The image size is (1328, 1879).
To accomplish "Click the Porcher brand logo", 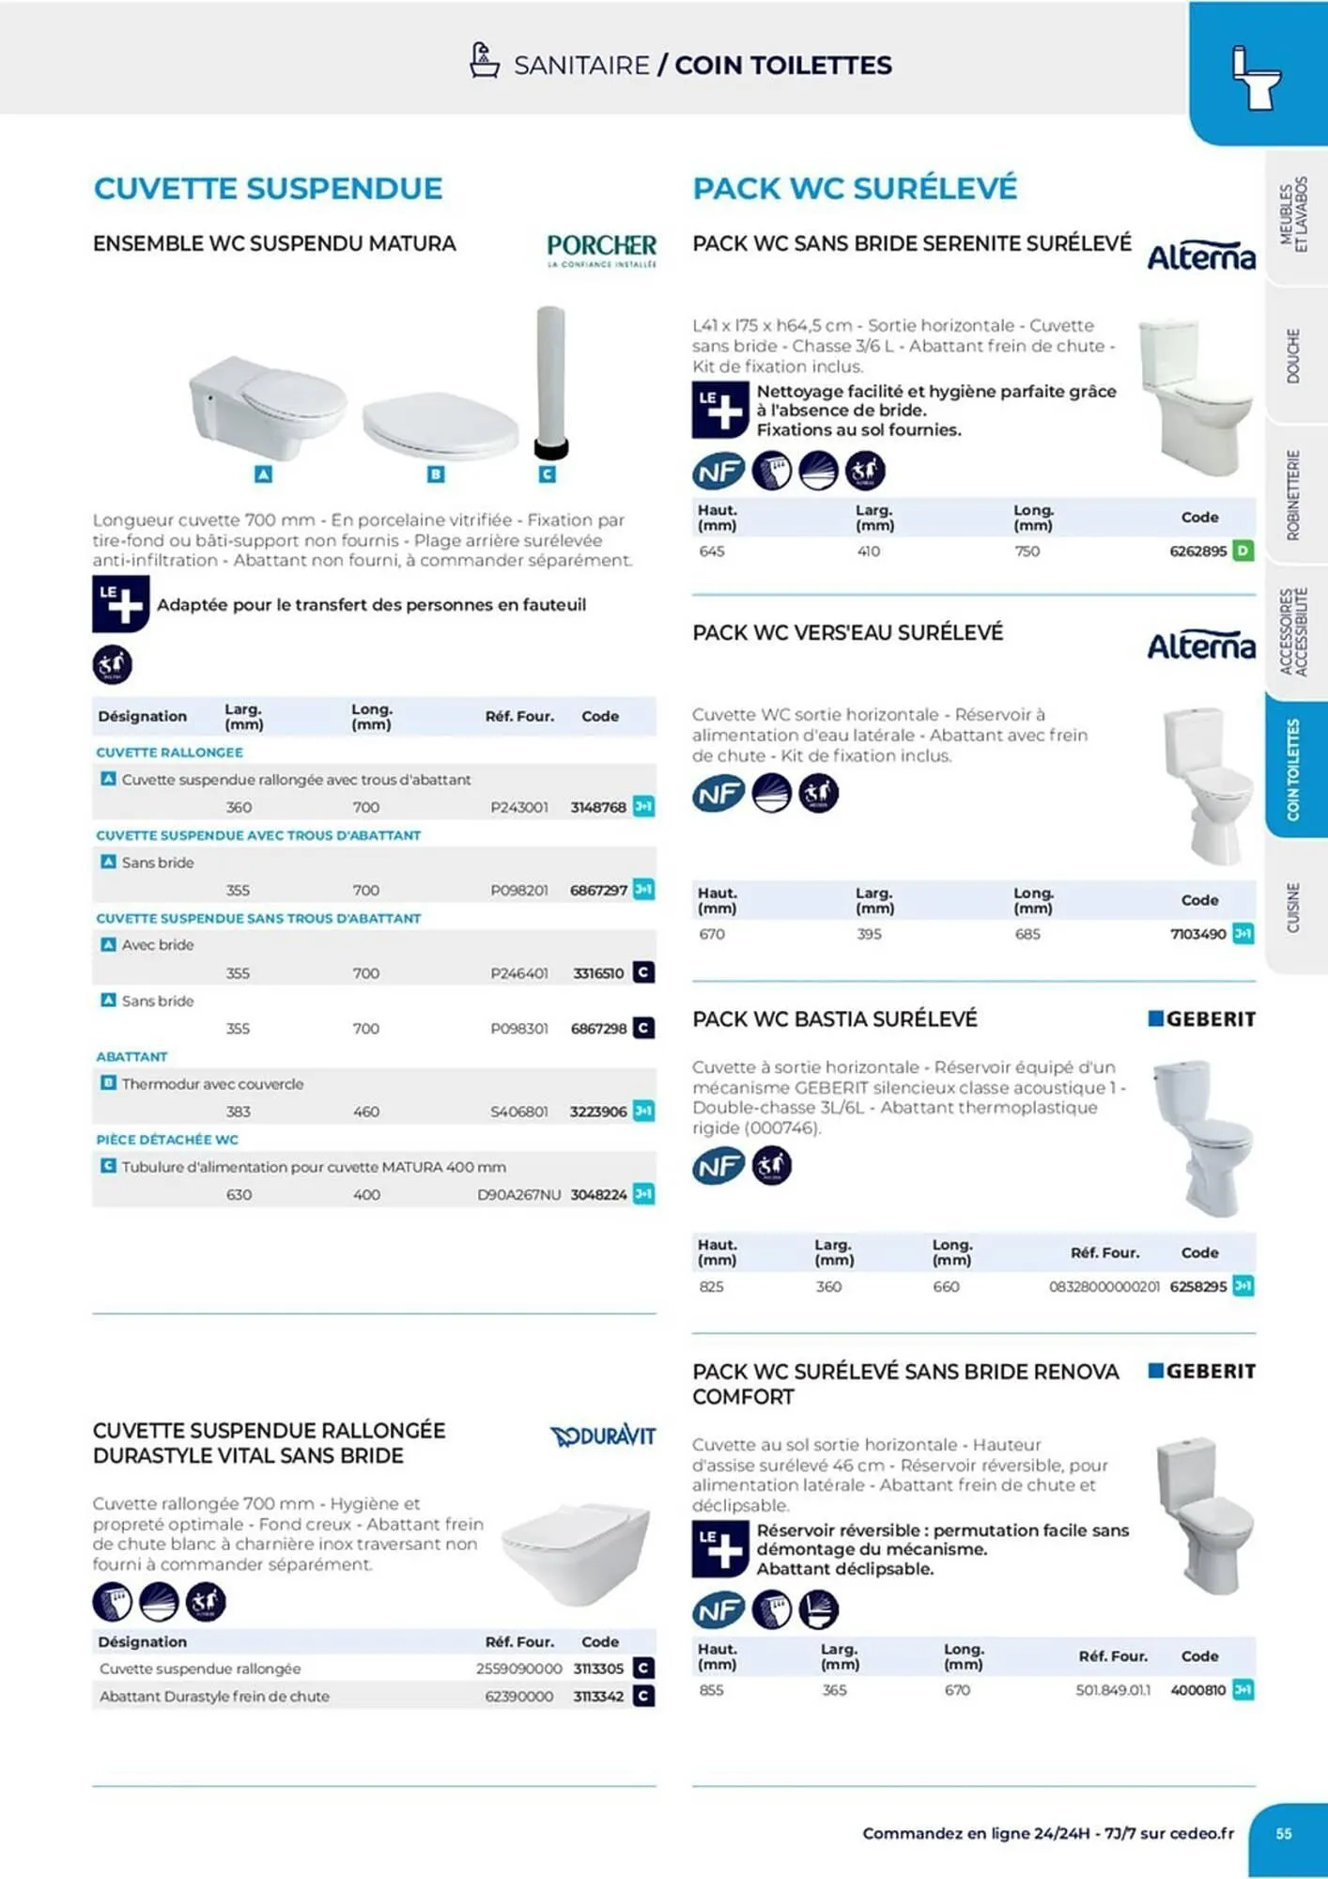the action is click(x=601, y=250).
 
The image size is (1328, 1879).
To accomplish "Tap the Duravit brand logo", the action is click(x=603, y=1436).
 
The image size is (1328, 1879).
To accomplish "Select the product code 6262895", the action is click(x=1197, y=551).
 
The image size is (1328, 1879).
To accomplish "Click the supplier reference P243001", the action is click(x=519, y=807).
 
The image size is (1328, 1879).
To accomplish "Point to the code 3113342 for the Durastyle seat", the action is click(x=598, y=1696).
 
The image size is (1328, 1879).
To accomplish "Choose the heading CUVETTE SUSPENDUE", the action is click(x=268, y=188).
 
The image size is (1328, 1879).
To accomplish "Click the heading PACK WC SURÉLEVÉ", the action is click(x=855, y=188).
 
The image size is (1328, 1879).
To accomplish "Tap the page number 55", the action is click(x=1284, y=1833).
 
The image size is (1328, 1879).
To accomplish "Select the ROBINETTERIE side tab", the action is click(x=1293, y=495).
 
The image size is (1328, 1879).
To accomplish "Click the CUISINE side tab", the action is click(x=1293, y=908).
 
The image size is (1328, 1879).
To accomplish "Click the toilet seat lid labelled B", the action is click(x=440, y=425).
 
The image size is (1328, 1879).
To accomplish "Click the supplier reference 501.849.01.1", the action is click(x=1113, y=1690).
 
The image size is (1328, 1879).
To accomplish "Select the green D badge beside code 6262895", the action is click(x=1243, y=551).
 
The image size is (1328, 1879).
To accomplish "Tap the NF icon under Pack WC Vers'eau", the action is click(x=718, y=794).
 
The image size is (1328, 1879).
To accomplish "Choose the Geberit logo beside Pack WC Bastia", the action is click(x=1202, y=1019).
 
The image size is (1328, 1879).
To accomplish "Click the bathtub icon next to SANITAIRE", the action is click(x=484, y=61).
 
